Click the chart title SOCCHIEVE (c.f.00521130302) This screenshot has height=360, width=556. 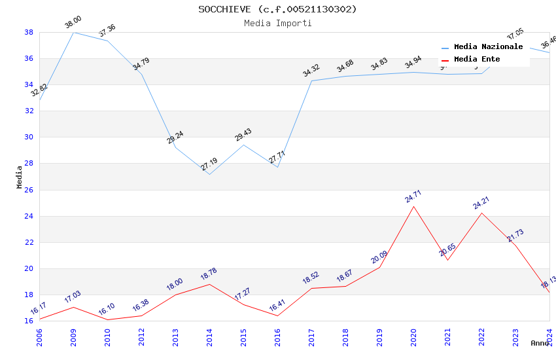[x=277, y=9]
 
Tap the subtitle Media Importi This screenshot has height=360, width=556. [x=277, y=23]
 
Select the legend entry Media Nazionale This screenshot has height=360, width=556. [x=488, y=47]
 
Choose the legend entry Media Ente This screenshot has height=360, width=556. [x=477, y=59]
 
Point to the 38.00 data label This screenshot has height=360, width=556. [x=73, y=24]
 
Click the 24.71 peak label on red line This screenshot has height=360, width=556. [x=413, y=198]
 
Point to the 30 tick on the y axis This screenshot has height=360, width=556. [x=29, y=137]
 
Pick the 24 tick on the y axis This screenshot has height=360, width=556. [x=29, y=216]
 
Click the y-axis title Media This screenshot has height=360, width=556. [x=20, y=177]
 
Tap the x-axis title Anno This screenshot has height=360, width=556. [x=540, y=343]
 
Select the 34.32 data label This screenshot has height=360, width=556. [x=311, y=70]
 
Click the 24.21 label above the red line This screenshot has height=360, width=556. [x=481, y=203]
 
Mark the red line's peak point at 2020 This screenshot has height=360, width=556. [x=413, y=207]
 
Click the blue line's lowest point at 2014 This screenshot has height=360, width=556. [x=209, y=174]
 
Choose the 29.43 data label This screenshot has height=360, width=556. [x=243, y=135]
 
